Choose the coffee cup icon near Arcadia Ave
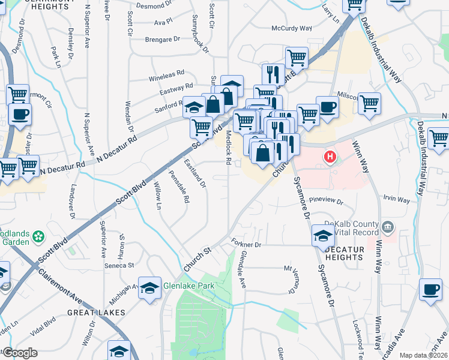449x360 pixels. pyautogui.click(x=430, y=291)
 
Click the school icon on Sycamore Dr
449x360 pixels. pyautogui.click(x=323, y=236)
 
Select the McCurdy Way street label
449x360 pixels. pyautogui.click(x=292, y=28)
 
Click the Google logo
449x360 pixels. pyautogui.click(x=20, y=353)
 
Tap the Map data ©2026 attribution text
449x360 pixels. pyautogui.click(x=423, y=355)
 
